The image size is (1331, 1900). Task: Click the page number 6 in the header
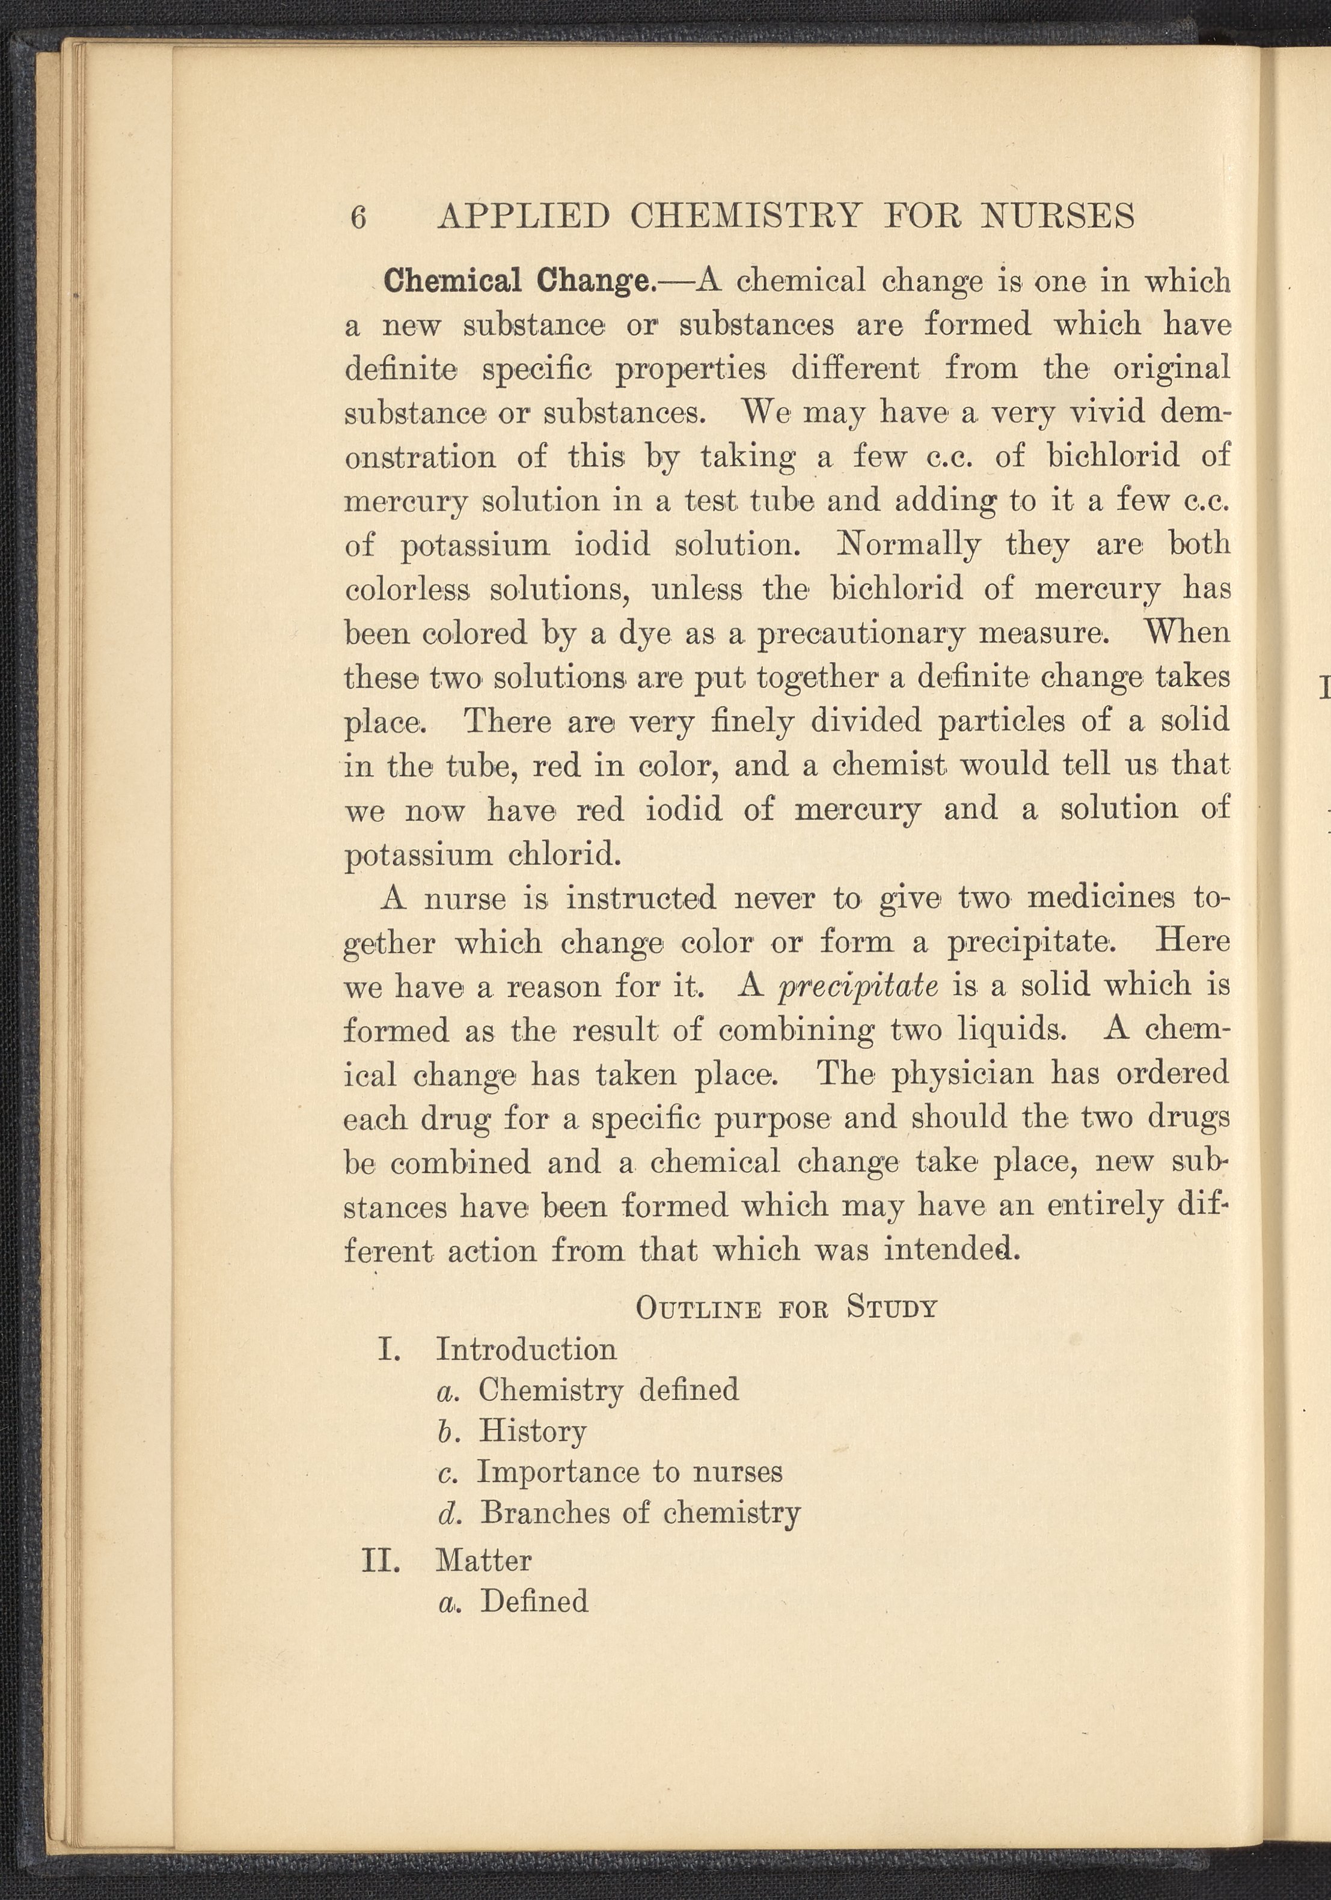click(358, 218)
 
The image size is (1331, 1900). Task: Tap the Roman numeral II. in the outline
click(382, 1560)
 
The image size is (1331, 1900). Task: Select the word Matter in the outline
click(484, 1560)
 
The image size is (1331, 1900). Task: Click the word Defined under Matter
click(534, 1601)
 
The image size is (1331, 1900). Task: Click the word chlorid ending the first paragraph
click(563, 853)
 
